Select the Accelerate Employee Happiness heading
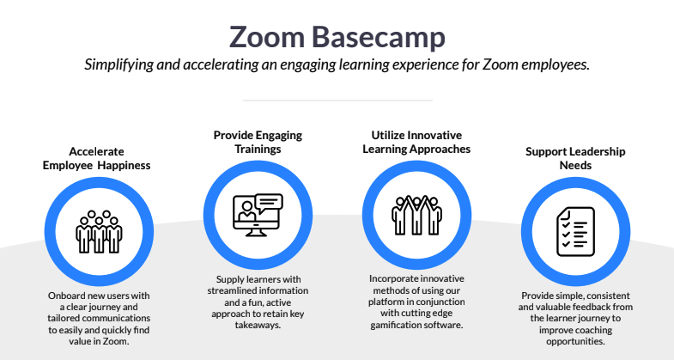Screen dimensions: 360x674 [x=97, y=157]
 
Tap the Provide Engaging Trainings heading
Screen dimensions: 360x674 [x=258, y=142]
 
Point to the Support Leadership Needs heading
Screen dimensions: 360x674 [x=575, y=157]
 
